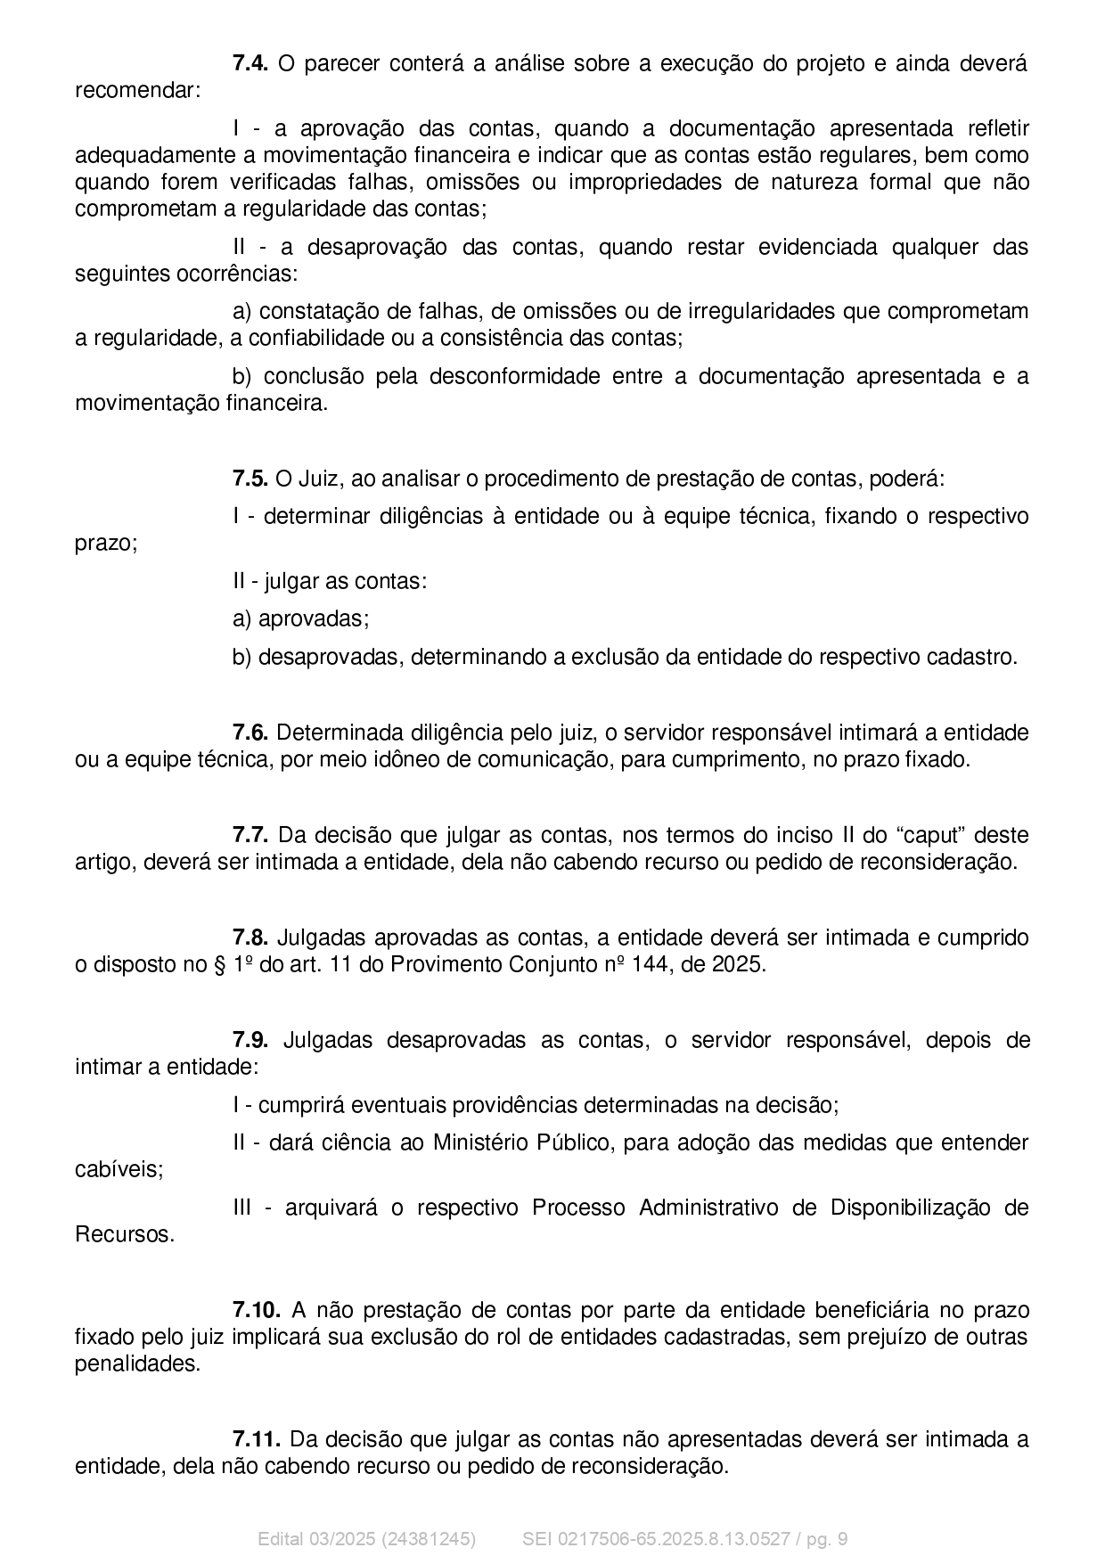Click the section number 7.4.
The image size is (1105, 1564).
(250, 63)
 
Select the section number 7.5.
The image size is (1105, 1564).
(250, 479)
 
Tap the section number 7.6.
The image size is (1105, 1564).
(250, 733)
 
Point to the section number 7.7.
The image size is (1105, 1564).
(250, 835)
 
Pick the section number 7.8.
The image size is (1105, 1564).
(250, 938)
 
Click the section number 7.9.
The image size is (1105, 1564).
(250, 1040)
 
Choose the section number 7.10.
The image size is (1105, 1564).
(257, 1310)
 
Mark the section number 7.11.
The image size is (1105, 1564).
(257, 1439)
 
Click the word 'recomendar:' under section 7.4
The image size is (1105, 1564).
(137, 91)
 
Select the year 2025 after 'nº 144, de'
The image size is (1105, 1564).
(739, 964)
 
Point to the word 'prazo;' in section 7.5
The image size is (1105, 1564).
(106, 543)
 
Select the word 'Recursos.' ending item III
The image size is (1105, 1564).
(125, 1234)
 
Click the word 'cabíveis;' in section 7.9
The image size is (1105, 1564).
(119, 1169)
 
